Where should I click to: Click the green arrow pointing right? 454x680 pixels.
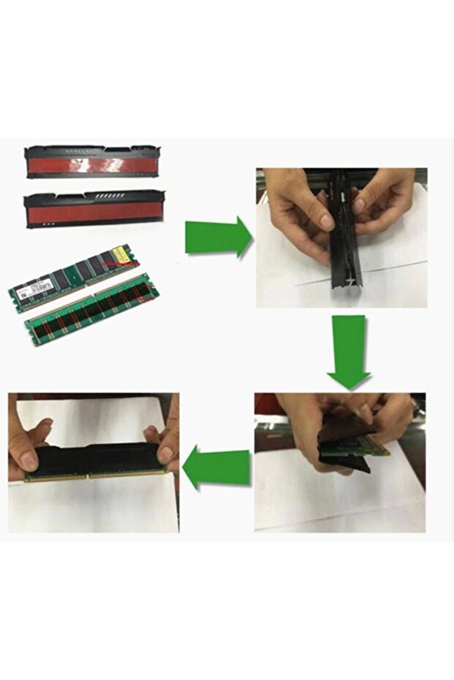coord(216,237)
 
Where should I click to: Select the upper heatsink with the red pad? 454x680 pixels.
coord(94,161)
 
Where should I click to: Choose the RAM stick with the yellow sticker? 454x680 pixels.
coord(73,275)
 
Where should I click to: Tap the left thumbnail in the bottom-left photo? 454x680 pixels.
coord(29,461)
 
